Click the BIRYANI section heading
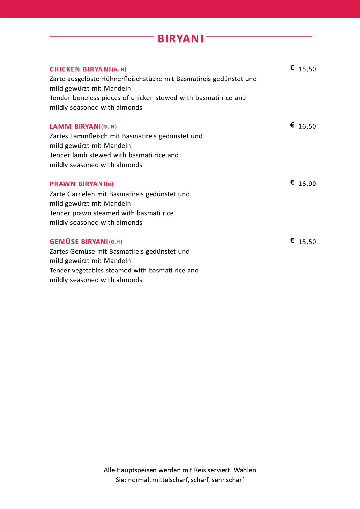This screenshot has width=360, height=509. click(x=180, y=39)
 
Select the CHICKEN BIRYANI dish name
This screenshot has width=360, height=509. click(x=81, y=69)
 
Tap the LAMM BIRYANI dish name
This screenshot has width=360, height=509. click(x=75, y=127)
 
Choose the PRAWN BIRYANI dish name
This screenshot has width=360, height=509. click(x=78, y=184)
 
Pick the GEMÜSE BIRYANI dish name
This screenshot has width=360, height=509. click(x=79, y=242)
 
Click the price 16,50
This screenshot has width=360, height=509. click(x=307, y=127)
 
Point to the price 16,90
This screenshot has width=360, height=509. click(x=307, y=184)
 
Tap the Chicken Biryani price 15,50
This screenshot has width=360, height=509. click(x=307, y=69)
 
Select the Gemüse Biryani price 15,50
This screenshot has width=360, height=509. click(x=307, y=242)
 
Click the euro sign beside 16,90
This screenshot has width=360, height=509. click(x=292, y=182)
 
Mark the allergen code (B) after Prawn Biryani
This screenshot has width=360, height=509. click(x=110, y=184)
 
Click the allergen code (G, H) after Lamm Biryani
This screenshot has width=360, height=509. click(x=109, y=127)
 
